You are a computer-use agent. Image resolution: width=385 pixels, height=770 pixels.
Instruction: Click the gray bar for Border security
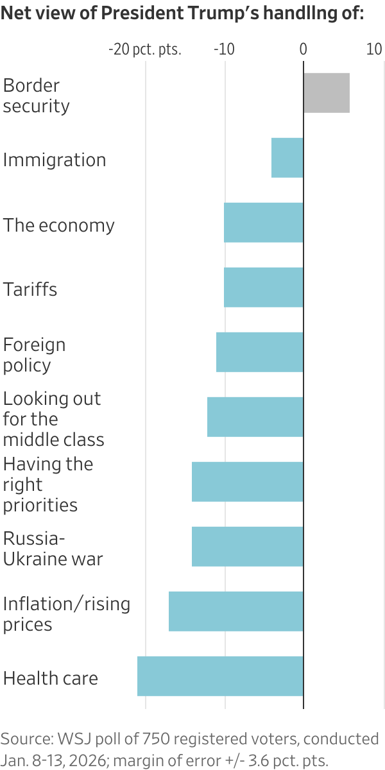(326, 93)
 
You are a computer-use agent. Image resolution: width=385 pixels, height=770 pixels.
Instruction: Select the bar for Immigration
(287, 158)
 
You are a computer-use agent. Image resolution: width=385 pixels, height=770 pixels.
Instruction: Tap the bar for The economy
(263, 223)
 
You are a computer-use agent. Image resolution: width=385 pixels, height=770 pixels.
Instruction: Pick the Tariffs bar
(263, 287)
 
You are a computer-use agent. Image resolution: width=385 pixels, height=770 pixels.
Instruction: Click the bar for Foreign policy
(259, 352)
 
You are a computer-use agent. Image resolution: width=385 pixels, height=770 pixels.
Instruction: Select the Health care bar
(220, 676)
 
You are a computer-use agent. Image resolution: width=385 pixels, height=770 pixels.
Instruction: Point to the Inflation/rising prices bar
(235, 612)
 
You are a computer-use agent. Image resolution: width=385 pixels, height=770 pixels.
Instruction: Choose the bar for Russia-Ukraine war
(247, 547)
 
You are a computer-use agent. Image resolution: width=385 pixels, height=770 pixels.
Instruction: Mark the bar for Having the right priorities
(247, 482)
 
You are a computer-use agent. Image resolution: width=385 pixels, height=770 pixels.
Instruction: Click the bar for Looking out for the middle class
(255, 417)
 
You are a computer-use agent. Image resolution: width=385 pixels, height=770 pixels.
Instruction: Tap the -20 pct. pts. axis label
(145, 50)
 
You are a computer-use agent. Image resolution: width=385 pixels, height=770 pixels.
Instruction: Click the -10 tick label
(224, 50)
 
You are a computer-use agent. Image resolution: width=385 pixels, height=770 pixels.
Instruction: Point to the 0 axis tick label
(303, 50)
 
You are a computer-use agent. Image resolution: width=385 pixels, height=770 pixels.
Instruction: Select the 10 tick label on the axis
(374, 50)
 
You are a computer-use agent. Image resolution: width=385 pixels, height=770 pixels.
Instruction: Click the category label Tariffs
(30, 289)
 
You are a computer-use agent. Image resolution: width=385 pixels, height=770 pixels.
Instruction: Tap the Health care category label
(51, 678)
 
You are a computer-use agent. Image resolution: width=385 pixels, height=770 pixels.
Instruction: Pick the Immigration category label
(55, 160)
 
